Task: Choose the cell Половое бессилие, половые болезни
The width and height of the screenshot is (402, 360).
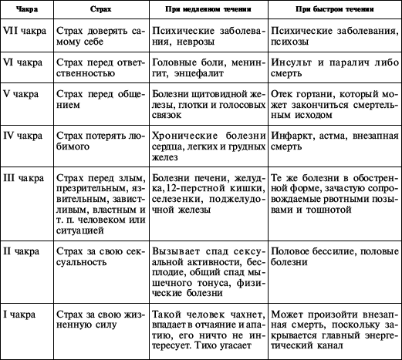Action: tap(333, 257)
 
